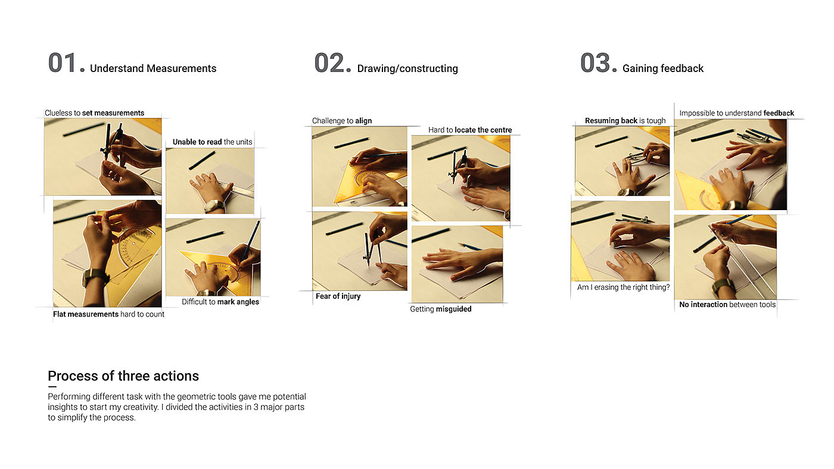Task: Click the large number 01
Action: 63,63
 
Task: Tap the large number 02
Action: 329,63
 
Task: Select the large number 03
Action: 595,63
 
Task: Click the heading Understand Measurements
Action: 153,68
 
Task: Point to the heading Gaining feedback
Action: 663,68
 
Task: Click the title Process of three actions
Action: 123,376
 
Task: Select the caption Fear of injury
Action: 338,296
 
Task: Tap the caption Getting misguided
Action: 441,309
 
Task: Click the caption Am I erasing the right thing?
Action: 623,287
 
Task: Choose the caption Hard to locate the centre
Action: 470,130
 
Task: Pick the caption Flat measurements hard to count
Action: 108,314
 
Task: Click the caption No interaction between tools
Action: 727,305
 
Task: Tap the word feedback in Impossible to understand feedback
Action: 779,113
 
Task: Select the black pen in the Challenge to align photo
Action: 352,143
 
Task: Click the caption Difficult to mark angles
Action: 220,302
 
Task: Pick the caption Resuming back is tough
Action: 625,120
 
